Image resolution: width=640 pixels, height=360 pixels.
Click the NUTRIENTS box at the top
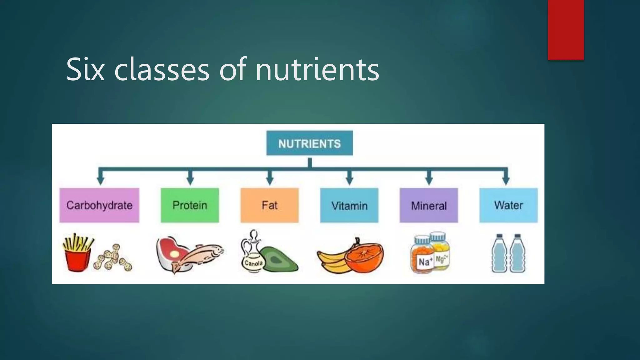(309, 143)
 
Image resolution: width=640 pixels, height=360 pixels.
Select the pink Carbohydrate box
(99, 205)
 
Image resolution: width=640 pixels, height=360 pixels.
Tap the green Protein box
(190, 205)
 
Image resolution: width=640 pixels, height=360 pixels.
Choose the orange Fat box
(269, 205)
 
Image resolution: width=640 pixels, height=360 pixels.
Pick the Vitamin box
(349, 205)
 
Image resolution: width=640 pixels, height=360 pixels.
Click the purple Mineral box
(429, 205)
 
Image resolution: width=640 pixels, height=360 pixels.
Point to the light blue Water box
(508, 205)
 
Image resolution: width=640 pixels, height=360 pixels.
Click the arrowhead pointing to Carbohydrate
(100, 181)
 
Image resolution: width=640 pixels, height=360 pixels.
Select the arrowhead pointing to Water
(506, 181)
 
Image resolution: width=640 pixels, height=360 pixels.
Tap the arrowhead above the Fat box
(270, 181)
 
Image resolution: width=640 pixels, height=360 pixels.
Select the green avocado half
(278, 259)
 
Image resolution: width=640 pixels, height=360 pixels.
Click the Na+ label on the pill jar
(425, 261)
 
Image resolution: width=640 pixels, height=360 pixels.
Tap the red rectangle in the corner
(566, 30)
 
